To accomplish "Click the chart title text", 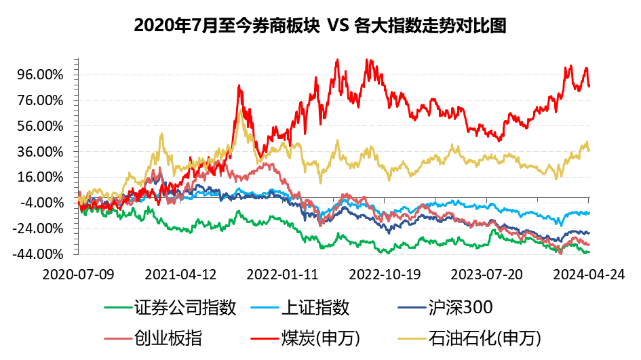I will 320,25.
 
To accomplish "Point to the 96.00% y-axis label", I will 39,75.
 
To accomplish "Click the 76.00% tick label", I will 39,100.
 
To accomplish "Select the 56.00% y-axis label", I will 39,126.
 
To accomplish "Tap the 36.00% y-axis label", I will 39,152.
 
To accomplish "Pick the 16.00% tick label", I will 39,178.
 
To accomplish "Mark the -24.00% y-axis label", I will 37,228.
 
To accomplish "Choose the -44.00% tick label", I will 37,254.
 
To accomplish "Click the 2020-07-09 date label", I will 78,274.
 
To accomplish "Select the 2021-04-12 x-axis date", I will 180,274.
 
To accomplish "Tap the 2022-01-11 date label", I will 281,274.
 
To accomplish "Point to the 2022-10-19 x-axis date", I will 384,274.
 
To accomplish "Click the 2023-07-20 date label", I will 486,274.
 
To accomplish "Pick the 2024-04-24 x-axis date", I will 587,274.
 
